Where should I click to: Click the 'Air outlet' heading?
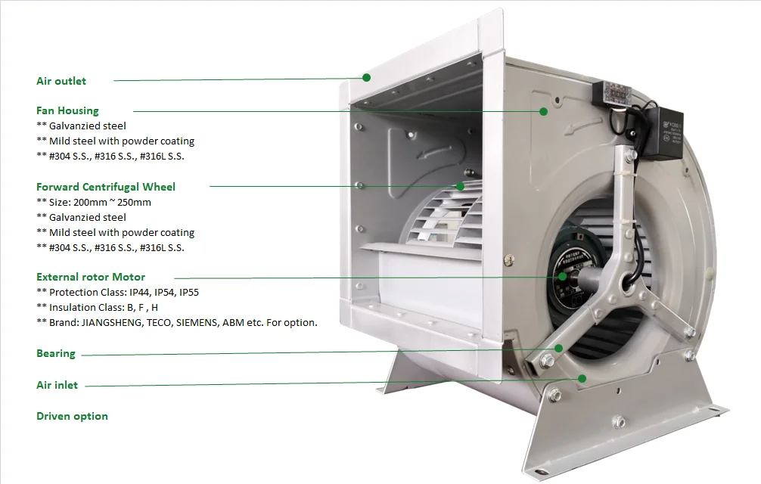coord(61,81)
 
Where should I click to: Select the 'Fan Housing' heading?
coord(67,110)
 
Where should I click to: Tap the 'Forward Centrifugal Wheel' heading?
coord(106,187)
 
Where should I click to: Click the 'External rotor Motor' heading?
coord(91,277)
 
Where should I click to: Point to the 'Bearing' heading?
coord(56,353)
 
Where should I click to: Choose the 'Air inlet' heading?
coord(57,385)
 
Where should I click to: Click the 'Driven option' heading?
coord(73,416)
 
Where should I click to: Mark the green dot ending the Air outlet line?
coord(366,78)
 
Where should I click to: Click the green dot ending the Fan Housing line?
coord(544,111)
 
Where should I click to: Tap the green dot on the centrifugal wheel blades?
coord(460,186)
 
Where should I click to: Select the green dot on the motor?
coord(562,277)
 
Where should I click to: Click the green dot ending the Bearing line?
coord(558,348)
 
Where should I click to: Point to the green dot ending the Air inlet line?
coord(582,378)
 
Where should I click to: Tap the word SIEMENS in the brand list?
coord(197,322)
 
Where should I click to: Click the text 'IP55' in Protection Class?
coord(189,293)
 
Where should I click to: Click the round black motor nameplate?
coord(568,277)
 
